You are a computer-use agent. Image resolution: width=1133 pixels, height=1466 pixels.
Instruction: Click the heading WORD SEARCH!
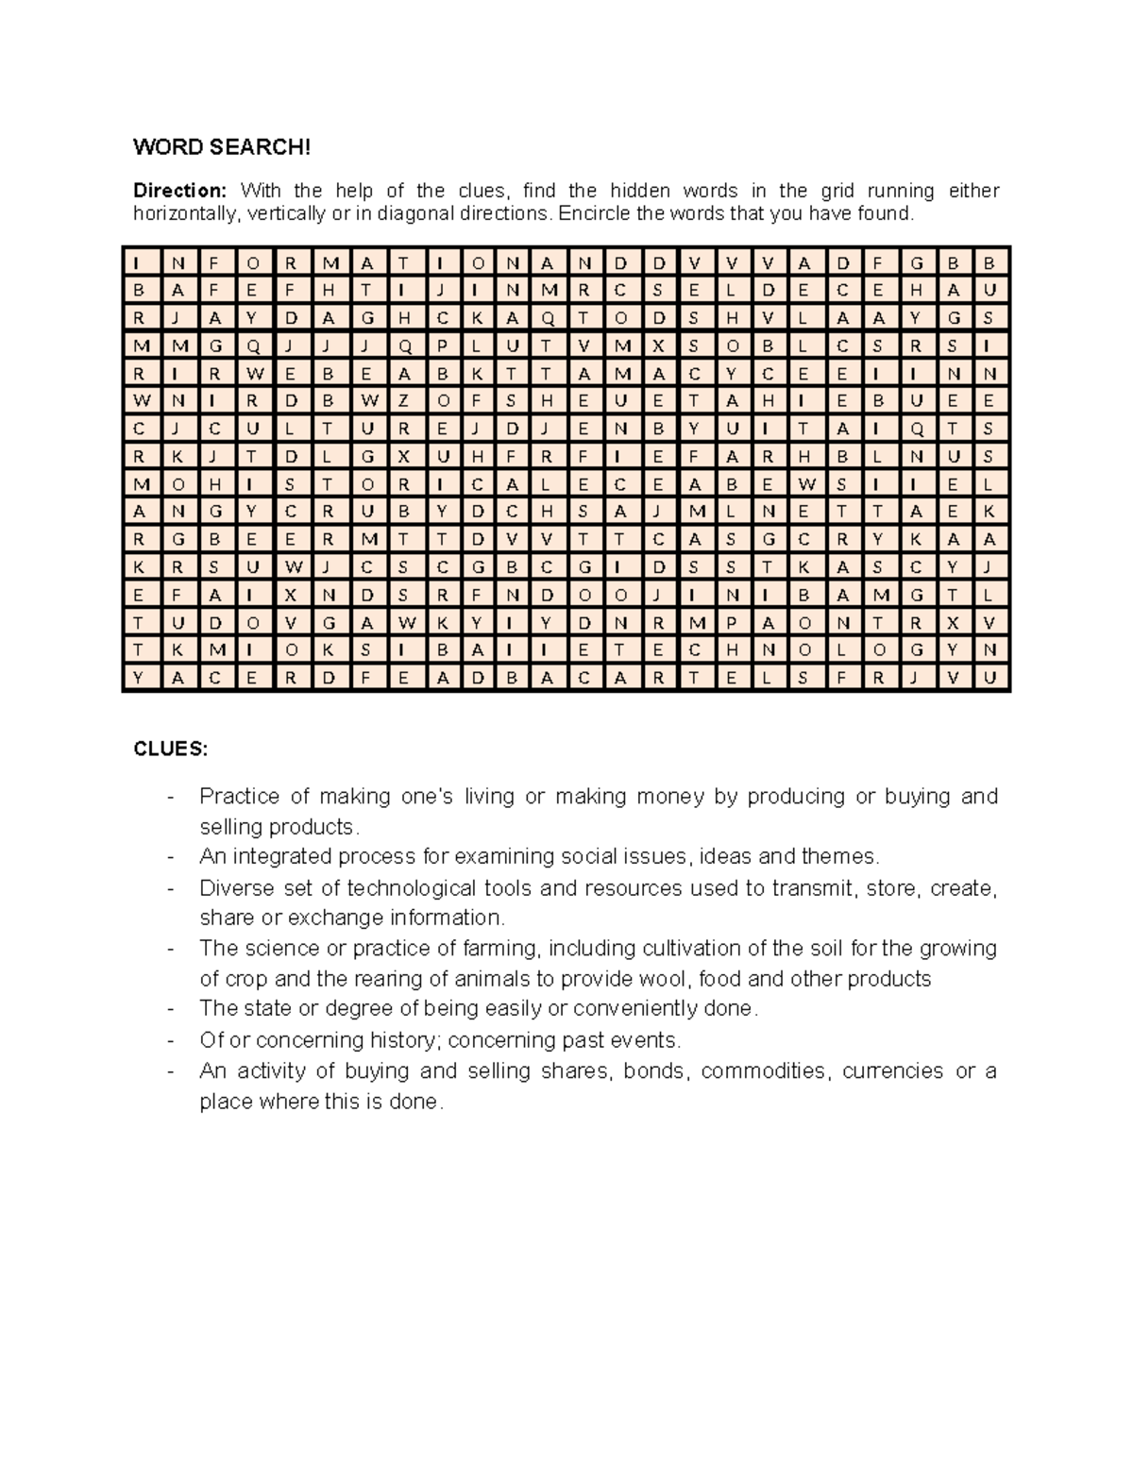[220, 147]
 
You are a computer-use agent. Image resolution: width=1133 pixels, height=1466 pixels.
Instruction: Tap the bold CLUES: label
[170, 749]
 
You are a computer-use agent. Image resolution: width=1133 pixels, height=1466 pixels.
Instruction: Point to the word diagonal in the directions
[418, 213]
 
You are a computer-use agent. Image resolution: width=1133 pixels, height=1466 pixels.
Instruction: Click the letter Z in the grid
[404, 400]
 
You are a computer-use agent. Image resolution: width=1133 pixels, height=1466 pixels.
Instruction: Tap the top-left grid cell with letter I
[139, 262]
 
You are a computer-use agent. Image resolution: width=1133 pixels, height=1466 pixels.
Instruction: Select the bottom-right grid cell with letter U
[989, 677]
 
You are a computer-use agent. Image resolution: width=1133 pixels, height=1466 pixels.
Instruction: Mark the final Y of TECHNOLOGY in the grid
[953, 649]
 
